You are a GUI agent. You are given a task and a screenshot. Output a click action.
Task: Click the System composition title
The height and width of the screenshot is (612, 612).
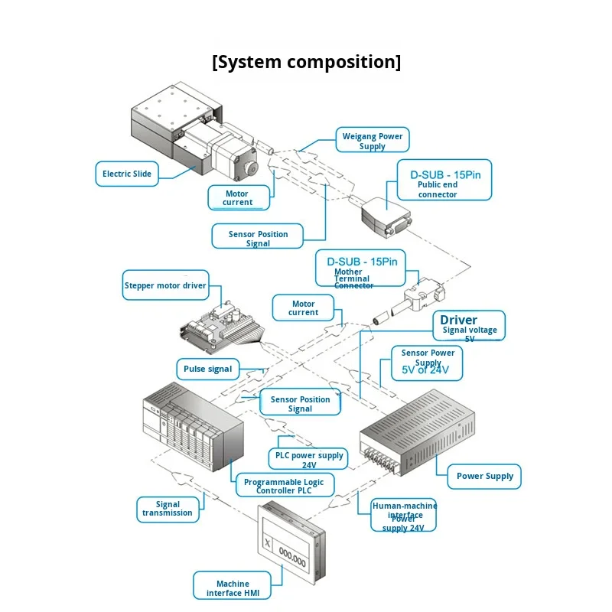coord(306,62)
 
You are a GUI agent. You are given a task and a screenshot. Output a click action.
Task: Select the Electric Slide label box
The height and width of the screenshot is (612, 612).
coord(127,174)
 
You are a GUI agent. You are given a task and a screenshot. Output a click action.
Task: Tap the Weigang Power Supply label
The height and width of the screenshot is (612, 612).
coord(373,141)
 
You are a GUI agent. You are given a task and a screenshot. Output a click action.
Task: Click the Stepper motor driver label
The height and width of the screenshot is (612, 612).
coord(165,285)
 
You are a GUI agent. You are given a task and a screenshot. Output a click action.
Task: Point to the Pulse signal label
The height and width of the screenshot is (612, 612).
coord(207,369)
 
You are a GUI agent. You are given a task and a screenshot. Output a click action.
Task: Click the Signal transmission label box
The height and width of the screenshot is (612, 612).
coord(168,509)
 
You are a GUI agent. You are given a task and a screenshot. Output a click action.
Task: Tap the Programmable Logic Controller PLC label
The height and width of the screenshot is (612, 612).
coord(284,486)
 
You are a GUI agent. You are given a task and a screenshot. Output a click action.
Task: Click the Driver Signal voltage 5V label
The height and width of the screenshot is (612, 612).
coord(469,325)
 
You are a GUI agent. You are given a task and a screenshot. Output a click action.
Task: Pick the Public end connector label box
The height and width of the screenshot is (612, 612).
coord(443,180)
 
